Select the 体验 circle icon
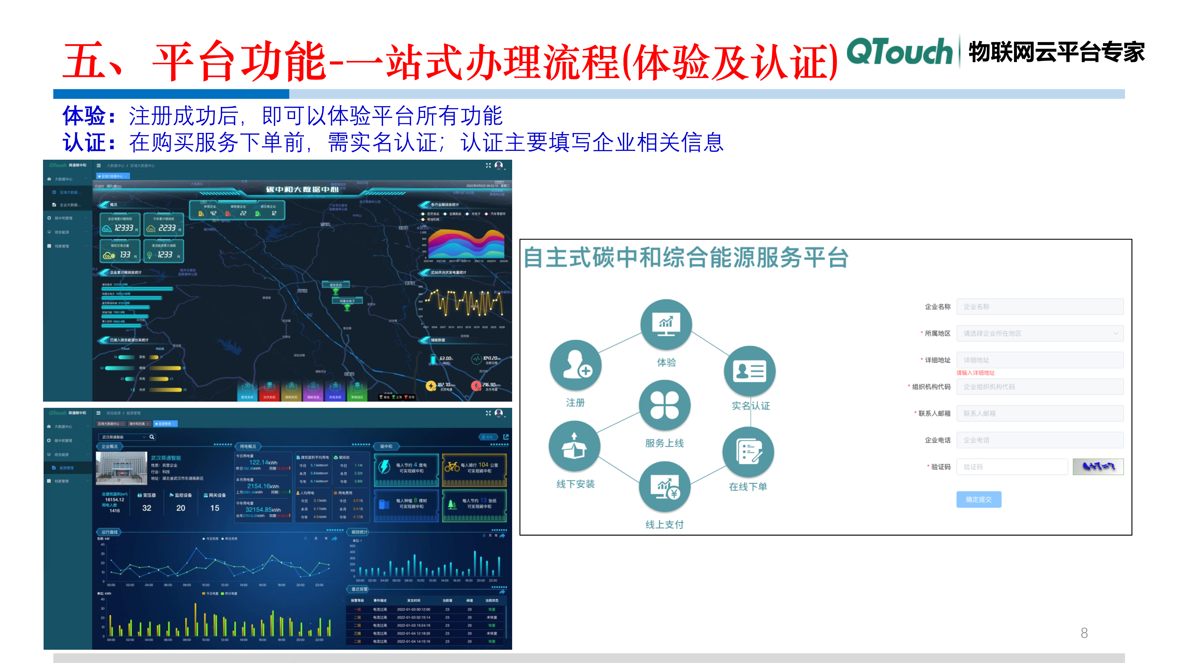click(666, 325)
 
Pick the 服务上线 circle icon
click(664, 405)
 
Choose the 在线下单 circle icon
click(748, 452)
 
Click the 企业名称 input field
click(1040, 306)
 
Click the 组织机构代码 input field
click(1040, 387)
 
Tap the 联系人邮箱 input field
click(1040, 413)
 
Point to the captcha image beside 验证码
click(1098, 467)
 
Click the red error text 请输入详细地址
click(975, 373)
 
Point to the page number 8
click(1084, 633)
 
